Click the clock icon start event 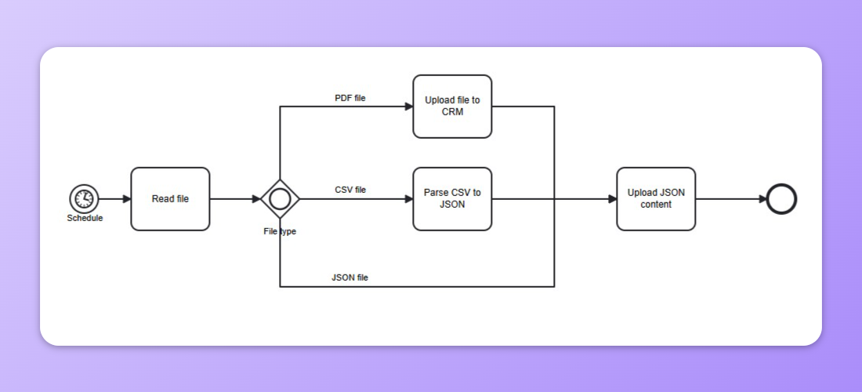point(84,199)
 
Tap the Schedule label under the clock point(85,218)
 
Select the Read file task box point(170,199)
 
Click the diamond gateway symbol point(280,199)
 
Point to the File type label point(280,231)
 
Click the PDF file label point(350,98)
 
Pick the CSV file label point(350,190)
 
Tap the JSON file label point(350,278)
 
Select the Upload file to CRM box point(452,107)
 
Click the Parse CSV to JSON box point(452,199)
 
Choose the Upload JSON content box point(656,199)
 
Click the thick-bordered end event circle point(781,199)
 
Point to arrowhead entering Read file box point(126,199)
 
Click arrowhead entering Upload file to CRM point(408,107)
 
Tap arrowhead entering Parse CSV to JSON point(408,199)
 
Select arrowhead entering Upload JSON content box point(612,199)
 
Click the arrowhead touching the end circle point(762,199)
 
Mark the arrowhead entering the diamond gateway point(256,199)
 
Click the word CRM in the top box point(452,112)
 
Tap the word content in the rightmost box point(656,205)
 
